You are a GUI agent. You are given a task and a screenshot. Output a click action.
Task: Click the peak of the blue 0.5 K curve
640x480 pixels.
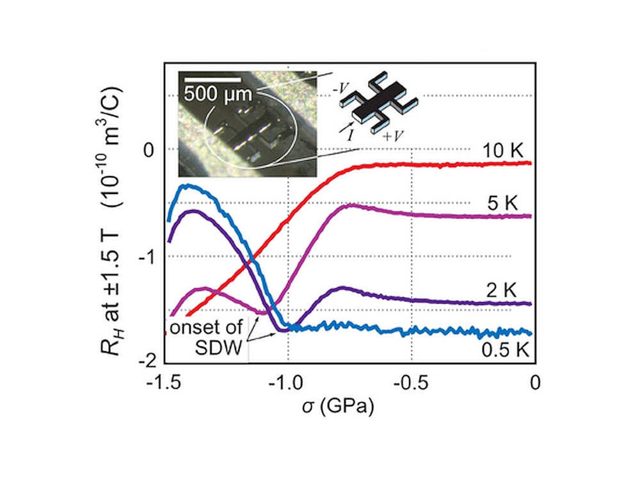185,186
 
